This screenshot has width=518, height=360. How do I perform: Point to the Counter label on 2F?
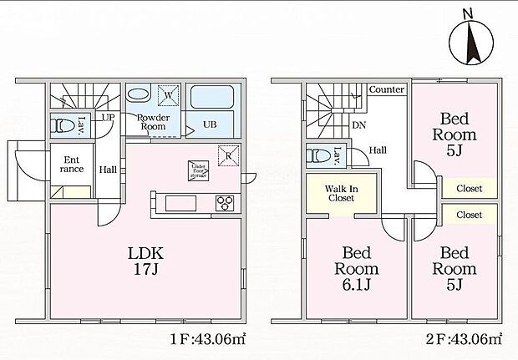(387, 89)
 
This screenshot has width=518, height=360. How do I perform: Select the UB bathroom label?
(208, 124)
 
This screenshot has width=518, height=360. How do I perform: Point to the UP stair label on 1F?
(109, 118)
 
